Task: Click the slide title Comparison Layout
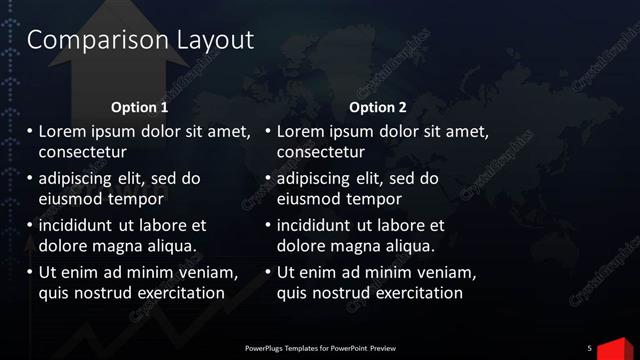[140, 40]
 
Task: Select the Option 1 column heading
[139, 107]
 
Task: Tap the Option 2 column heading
[378, 107]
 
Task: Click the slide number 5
[589, 347]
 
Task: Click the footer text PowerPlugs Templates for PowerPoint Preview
[320, 348]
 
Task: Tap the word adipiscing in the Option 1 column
[78, 179]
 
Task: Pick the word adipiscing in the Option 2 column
[316, 179]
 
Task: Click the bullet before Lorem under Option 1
[30, 132]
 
